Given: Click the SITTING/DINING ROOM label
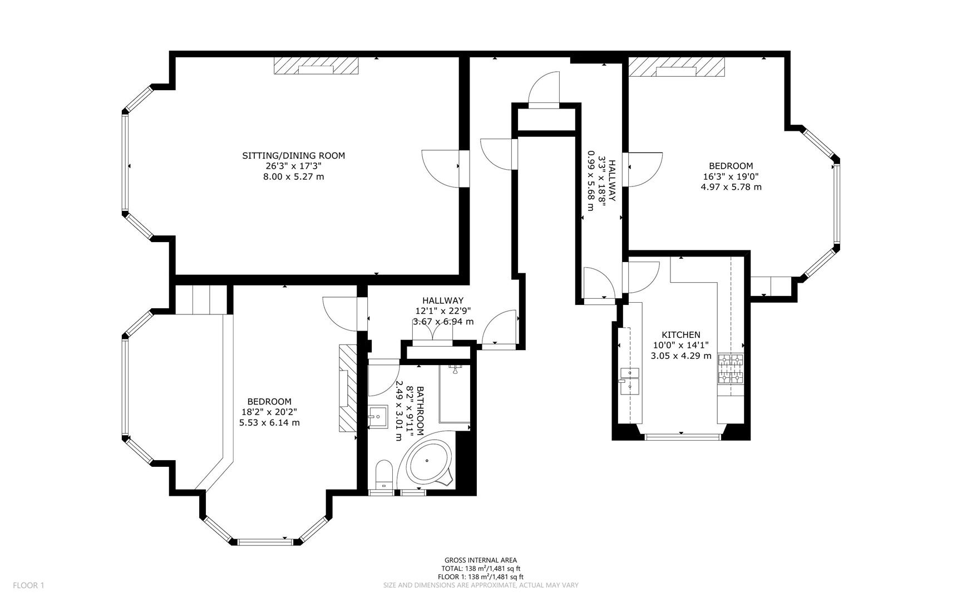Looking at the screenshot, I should [x=293, y=156].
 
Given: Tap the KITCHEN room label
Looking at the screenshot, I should [x=680, y=334].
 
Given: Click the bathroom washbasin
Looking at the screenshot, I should [x=378, y=416].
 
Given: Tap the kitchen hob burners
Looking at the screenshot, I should [x=731, y=369].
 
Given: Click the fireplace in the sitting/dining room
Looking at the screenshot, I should [x=316, y=66].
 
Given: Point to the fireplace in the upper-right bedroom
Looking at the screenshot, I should [x=677, y=67].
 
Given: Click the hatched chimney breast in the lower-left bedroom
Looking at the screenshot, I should [x=347, y=388].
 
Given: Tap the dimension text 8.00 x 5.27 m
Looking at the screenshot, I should [x=293, y=177].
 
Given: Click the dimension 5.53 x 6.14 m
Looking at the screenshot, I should [x=269, y=423].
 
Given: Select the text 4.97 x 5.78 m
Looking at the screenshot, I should [x=731, y=187].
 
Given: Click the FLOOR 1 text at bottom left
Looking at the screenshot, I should [x=28, y=585].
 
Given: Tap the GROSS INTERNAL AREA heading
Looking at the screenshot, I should [x=481, y=560].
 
